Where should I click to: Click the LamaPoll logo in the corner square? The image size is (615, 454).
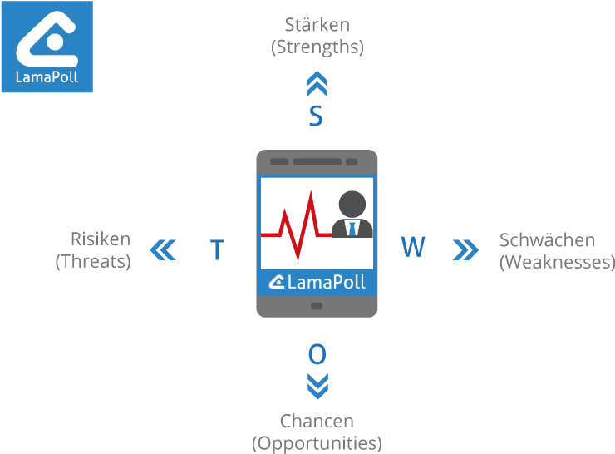coord(47,47)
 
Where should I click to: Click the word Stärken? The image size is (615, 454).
coord(317,26)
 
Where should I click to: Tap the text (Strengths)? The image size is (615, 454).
coord(317,47)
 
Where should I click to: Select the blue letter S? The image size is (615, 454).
coord(316,116)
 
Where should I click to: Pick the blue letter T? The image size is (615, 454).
coord(217,250)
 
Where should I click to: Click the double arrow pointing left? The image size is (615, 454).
coord(164,249)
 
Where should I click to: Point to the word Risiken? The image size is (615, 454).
coord(101,239)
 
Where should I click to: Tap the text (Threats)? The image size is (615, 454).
coord(93,262)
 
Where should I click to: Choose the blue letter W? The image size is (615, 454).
coord(413,247)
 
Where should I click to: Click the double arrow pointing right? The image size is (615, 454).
coord(466,249)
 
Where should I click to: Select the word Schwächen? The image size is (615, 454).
coord(547,240)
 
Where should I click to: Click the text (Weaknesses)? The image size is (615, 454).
coord(557,263)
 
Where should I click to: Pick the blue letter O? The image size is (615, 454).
coord(317,355)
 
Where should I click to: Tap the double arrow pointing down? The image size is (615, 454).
coord(317,386)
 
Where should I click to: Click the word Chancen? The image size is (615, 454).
coord(317,421)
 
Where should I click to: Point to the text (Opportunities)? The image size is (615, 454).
coord(317,442)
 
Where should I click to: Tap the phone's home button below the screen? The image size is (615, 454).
coord(317,306)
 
